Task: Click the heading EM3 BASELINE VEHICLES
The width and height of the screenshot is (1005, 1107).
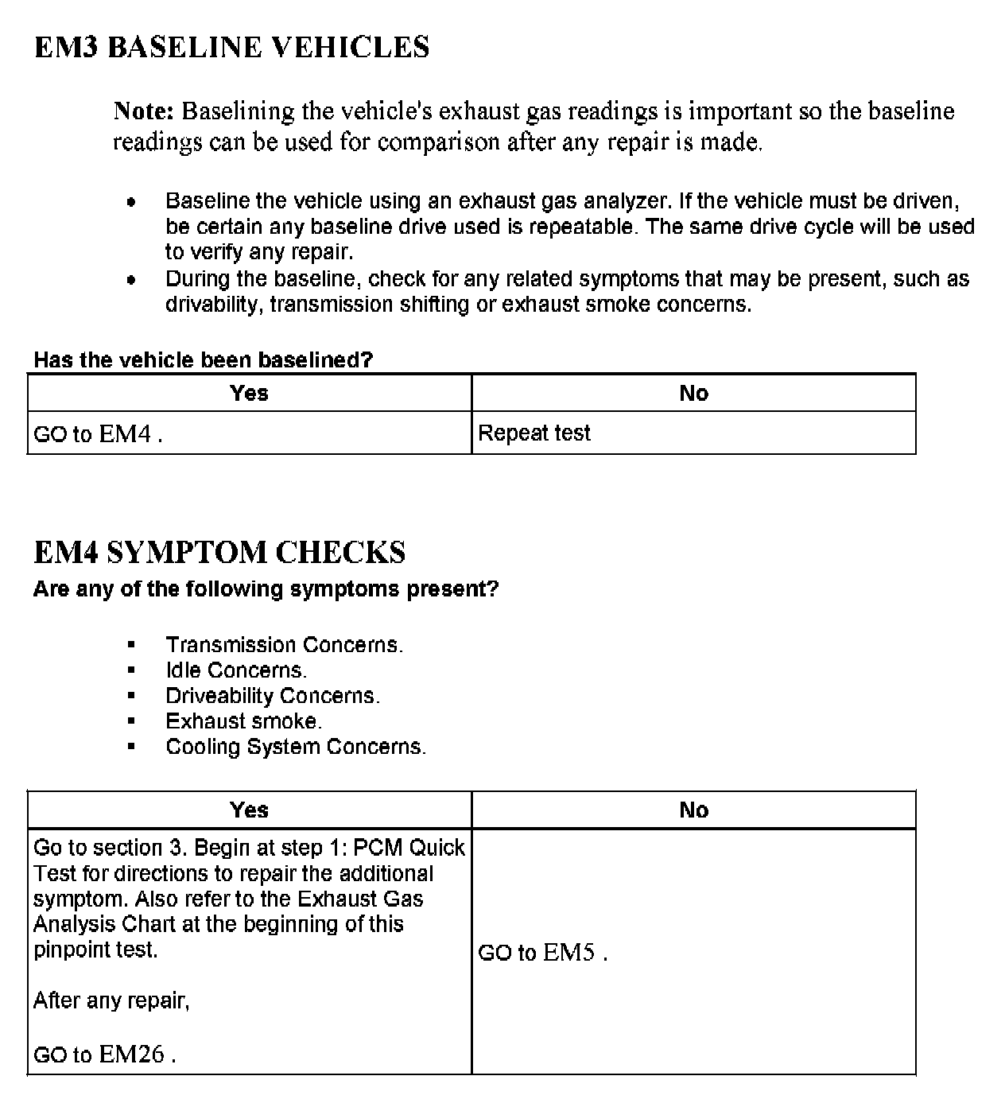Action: point(231,48)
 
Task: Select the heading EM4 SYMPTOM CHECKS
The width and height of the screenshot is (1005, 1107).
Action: point(219,552)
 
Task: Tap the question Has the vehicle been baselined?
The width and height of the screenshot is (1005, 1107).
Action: point(203,360)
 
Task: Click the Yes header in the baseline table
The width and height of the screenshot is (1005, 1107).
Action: point(249,393)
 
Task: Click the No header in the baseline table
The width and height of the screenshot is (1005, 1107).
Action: point(693,393)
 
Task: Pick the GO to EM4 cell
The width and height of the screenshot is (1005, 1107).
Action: point(98,434)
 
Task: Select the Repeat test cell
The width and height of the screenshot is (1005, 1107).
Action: point(534,433)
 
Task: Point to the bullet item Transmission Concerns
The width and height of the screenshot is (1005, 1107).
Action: point(284,645)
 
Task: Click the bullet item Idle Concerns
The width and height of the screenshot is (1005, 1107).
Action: point(235,670)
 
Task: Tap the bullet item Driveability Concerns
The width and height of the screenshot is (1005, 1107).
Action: point(273,696)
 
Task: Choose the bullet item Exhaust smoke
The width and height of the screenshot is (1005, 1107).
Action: point(243,721)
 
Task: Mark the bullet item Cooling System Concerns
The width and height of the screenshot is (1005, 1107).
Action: point(296,747)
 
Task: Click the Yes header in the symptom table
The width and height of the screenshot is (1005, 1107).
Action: point(249,810)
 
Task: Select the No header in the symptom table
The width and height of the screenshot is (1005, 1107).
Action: point(693,810)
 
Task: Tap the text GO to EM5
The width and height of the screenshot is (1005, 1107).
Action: point(542,953)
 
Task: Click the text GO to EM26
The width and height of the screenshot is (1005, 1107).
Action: point(104,1055)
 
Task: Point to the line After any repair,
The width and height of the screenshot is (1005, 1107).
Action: point(111,1000)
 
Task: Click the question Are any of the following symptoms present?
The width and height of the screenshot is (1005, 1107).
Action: point(266,589)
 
